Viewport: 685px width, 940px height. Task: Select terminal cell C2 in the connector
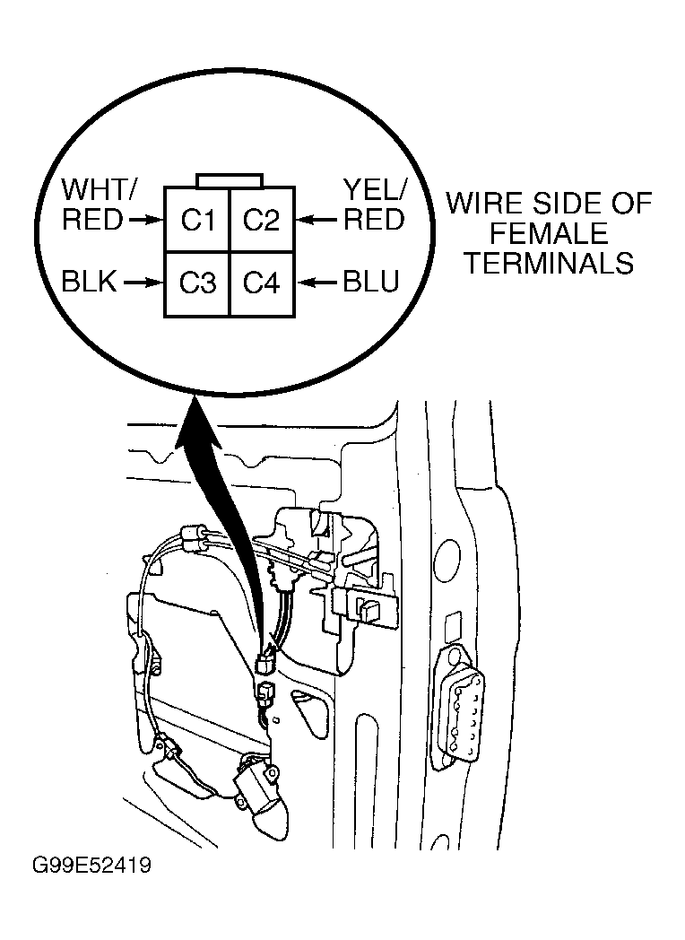262,220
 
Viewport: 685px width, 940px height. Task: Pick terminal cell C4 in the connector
262,283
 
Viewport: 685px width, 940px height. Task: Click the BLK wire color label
90,281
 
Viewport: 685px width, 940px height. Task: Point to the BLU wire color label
371,281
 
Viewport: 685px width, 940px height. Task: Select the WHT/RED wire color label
100,205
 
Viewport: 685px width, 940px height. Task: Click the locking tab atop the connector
230,180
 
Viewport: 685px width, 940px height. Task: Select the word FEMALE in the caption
549,233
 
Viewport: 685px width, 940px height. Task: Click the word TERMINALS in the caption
550,263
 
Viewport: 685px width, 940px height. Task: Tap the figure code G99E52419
91,866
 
